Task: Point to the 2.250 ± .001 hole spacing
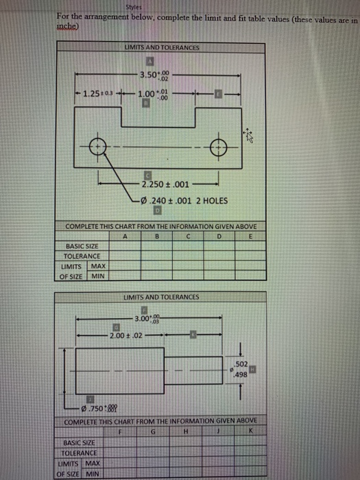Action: pyautogui.click(x=162, y=184)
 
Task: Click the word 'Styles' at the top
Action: pyautogui.click(x=133, y=7)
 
